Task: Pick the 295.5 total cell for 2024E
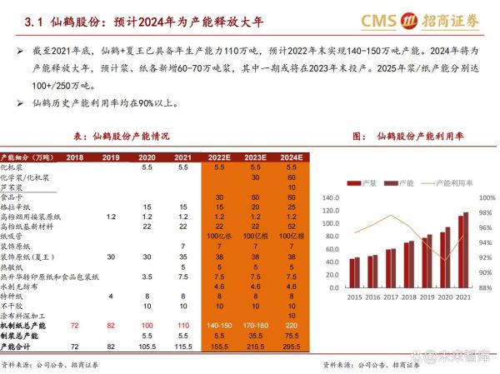coord(291,345)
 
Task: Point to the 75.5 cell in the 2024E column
coord(291,336)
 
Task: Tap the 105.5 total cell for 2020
coord(147,345)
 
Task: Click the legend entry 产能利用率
coord(446,182)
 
